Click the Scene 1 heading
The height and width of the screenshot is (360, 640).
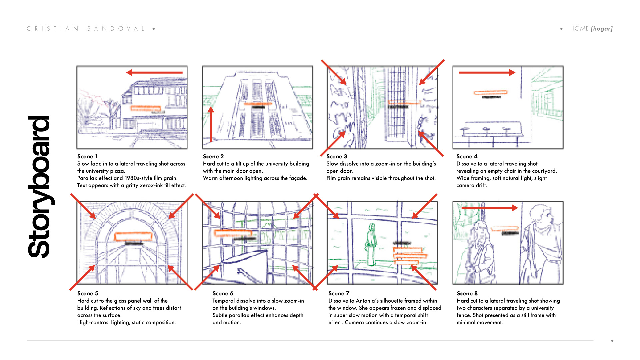tap(87, 156)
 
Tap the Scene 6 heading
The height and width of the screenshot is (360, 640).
tap(223, 293)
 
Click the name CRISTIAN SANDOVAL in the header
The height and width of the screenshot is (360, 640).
tap(86, 29)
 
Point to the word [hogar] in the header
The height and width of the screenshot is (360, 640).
tap(602, 29)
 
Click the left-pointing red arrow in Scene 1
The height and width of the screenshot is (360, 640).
tap(154, 72)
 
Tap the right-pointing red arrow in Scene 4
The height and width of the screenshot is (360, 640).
tap(487, 72)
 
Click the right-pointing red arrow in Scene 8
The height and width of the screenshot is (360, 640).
tap(489, 208)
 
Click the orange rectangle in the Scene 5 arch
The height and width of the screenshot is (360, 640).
tap(133, 237)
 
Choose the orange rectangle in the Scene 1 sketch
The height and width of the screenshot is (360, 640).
tap(146, 108)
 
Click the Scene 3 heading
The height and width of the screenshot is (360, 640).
tap(337, 156)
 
